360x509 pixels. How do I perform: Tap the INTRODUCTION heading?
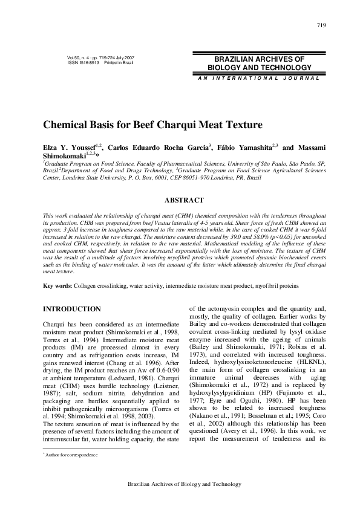click(72, 309)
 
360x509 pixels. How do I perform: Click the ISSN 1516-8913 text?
click(82, 62)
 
